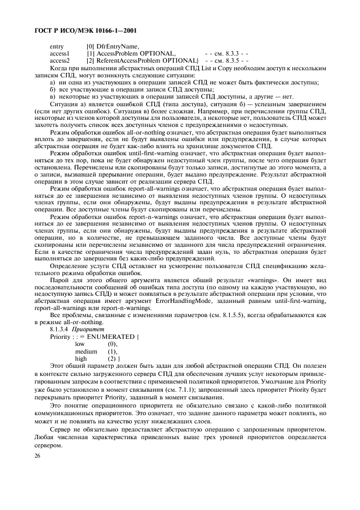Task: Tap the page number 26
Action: [x=36, y=456]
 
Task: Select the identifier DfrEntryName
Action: [x=118, y=46]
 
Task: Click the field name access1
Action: [x=59, y=53]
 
